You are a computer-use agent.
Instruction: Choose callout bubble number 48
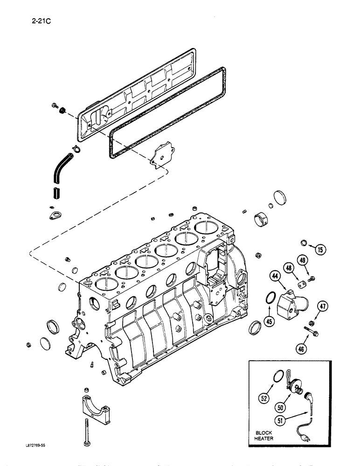289,268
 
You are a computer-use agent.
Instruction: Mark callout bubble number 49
303,260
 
